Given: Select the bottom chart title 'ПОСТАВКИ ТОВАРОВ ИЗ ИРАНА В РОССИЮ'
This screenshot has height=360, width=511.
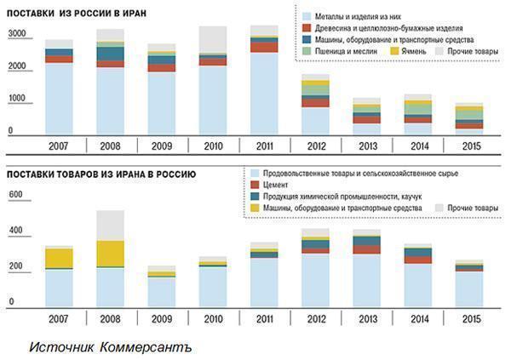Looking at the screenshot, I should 101,174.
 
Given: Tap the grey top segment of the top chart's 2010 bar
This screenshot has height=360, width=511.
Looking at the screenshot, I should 212,39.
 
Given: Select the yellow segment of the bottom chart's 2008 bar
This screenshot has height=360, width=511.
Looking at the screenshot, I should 110,254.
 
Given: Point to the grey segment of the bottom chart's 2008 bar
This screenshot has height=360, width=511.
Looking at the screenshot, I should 110,225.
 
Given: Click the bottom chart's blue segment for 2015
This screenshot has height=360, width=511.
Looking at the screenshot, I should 468,289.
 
